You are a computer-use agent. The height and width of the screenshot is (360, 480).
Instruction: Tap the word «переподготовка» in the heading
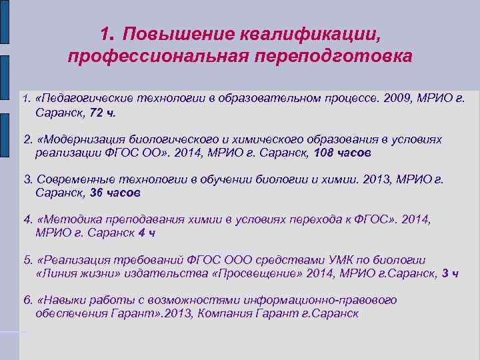click(x=334, y=55)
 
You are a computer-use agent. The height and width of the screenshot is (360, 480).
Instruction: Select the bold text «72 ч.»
click(x=102, y=113)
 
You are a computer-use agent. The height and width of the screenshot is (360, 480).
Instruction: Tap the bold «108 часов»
click(x=345, y=153)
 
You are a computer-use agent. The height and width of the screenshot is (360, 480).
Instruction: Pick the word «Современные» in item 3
click(x=71, y=179)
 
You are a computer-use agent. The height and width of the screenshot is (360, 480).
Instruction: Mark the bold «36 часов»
click(x=115, y=193)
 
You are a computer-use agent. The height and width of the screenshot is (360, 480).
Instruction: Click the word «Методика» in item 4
click(x=69, y=219)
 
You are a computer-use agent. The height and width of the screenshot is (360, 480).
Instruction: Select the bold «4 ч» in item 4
click(x=146, y=233)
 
